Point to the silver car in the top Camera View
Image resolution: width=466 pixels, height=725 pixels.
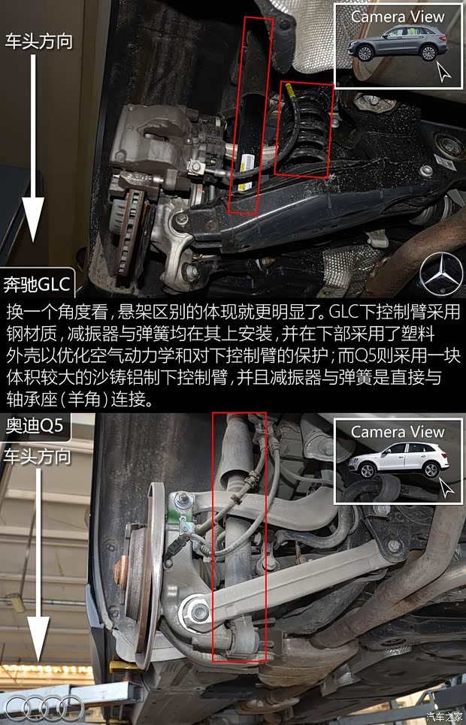point(398,44)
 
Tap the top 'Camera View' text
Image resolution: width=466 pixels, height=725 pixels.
point(398,16)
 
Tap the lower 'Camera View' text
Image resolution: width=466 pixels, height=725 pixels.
point(398,432)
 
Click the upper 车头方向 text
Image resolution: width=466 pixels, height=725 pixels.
point(39,40)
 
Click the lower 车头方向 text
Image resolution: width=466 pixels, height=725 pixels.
point(39,455)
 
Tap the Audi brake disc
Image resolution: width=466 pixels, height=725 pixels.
point(140,578)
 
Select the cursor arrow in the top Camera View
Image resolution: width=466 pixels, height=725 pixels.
point(443,73)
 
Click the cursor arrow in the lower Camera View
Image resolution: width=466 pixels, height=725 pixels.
point(446,488)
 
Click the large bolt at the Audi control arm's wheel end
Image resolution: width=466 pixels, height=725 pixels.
point(199,612)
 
